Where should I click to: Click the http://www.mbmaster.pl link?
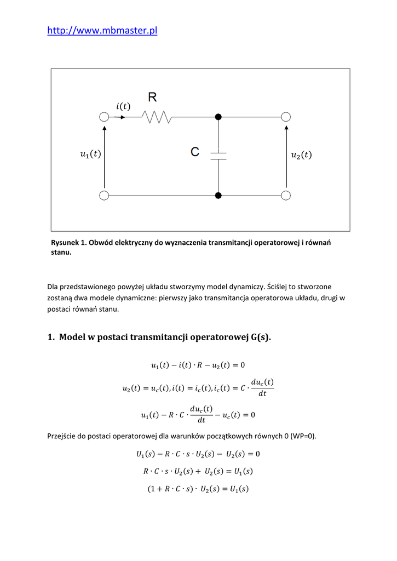(102, 31)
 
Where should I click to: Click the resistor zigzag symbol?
(157, 117)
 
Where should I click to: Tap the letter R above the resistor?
(152, 98)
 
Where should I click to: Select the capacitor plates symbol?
(218, 156)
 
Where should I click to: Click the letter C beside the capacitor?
(195, 152)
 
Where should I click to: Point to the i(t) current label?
(123, 106)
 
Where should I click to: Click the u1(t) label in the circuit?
(90, 155)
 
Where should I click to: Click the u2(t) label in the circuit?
(301, 155)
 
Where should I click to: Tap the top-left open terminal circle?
(103, 117)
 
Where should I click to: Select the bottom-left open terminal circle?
(103, 195)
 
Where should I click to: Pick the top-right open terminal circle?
(285, 117)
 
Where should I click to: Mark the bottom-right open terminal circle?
(285, 195)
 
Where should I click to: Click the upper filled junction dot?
(218, 117)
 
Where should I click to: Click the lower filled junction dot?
(218, 195)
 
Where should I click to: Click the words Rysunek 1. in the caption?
(69, 243)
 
